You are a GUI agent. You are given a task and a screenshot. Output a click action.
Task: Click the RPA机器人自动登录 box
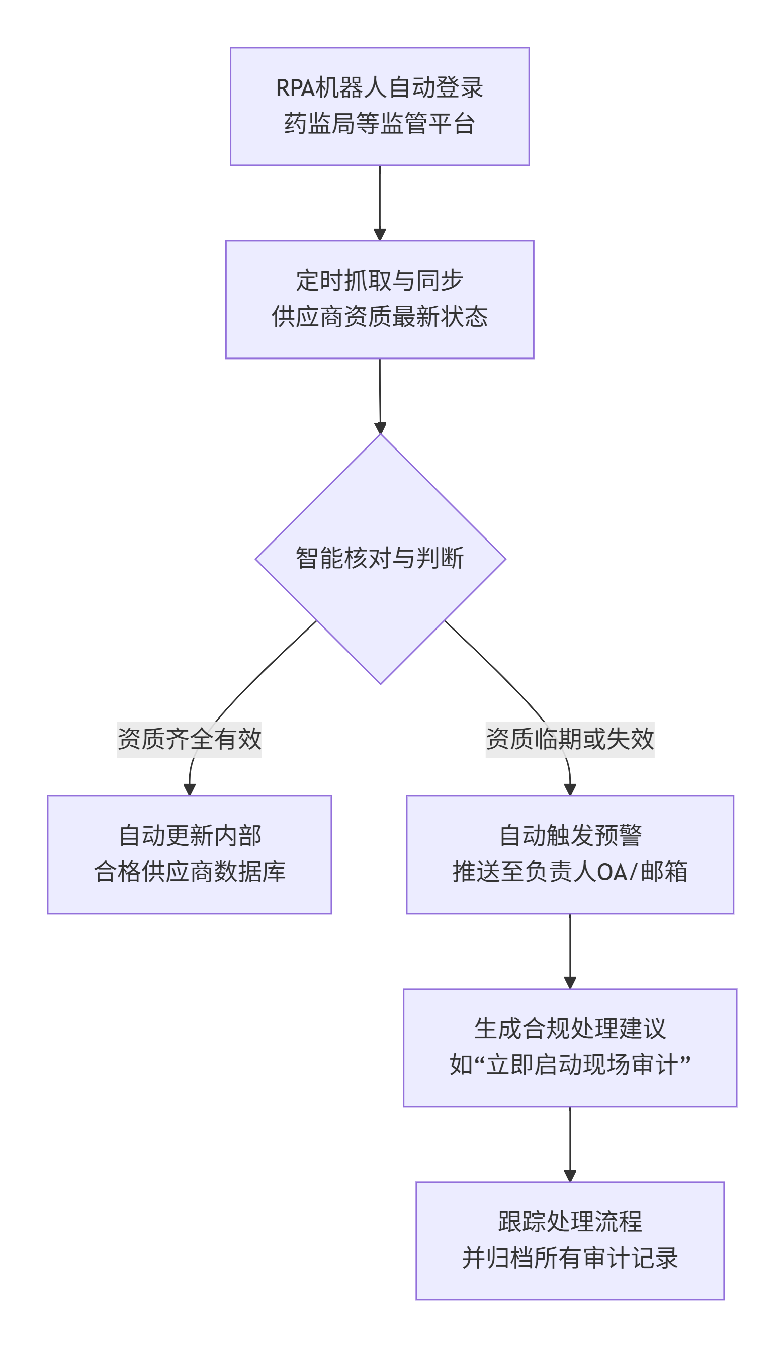[x=380, y=107]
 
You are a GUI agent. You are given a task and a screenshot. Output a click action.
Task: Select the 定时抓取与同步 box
[x=380, y=299]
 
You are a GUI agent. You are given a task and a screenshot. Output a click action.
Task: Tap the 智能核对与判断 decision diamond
[x=380, y=559]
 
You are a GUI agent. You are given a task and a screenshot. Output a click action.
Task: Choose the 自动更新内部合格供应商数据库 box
[x=189, y=854]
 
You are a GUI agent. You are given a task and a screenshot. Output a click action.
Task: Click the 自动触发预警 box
[x=570, y=854]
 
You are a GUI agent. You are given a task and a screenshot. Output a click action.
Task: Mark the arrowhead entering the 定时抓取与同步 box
[x=380, y=235]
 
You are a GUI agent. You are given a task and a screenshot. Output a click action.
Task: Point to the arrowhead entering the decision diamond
[x=380, y=428]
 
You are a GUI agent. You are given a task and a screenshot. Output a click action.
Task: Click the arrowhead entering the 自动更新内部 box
[x=189, y=790]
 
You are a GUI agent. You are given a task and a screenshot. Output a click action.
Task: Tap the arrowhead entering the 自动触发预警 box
[x=570, y=790]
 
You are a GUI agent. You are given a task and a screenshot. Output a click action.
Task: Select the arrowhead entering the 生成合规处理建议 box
[x=570, y=983]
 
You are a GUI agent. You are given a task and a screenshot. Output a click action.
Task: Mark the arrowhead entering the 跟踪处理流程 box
[x=570, y=1176]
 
